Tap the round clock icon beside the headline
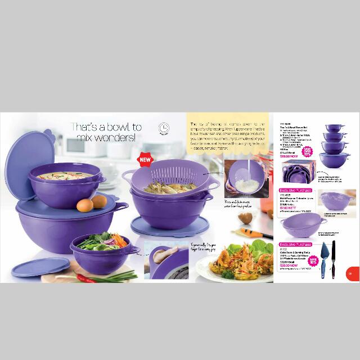(x=164, y=129)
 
